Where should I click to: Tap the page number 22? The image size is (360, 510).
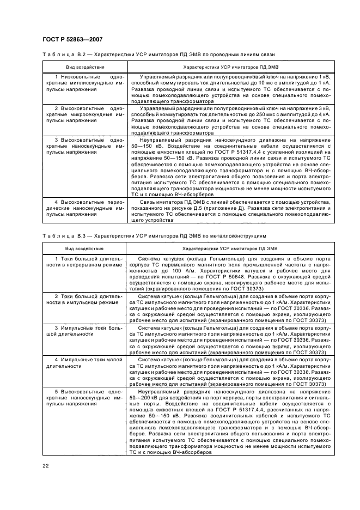tap(46, 464)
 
